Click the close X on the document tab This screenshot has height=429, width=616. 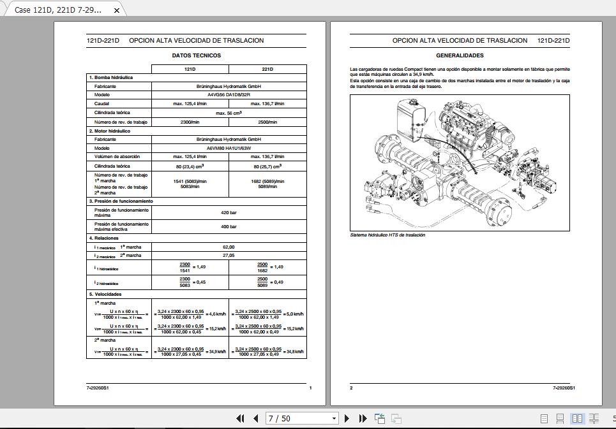coord(116,10)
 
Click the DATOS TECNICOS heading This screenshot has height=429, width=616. coord(197,55)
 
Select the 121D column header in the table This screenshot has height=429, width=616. coord(190,69)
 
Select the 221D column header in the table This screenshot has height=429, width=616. coord(267,69)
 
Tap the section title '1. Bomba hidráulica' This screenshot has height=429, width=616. coord(110,77)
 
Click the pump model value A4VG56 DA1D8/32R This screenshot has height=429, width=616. coord(229,94)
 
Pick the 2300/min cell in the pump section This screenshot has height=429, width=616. coord(190,122)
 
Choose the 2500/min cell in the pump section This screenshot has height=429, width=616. coord(267,122)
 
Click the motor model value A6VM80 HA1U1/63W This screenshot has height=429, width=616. coord(229,148)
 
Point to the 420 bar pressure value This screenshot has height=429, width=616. coord(229,212)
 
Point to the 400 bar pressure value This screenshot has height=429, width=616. coord(229,227)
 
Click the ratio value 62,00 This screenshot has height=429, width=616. coord(229,247)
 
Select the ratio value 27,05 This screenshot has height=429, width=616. coord(229,255)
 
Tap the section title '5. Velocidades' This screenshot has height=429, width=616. coord(105,294)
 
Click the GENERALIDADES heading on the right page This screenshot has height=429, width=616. coord(460,55)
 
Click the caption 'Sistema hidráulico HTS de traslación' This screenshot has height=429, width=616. coord(387,235)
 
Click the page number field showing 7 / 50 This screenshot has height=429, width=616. coord(297,419)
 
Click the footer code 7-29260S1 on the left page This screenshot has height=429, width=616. coord(98,388)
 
